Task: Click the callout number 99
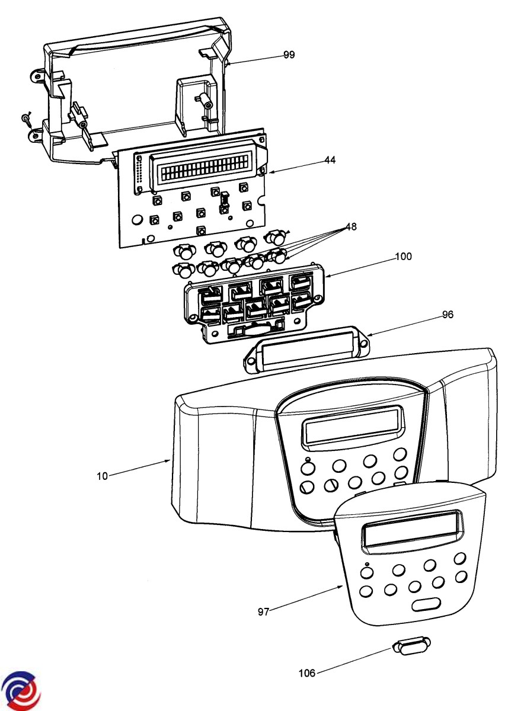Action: tap(289, 55)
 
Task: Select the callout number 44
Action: tap(330, 160)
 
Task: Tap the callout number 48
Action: tap(351, 227)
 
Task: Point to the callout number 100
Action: tap(404, 257)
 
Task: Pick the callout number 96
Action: tap(448, 315)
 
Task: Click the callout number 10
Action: tap(103, 476)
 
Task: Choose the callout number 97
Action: tap(264, 612)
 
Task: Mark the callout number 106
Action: tap(307, 672)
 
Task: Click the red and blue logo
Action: tap(20, 691)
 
